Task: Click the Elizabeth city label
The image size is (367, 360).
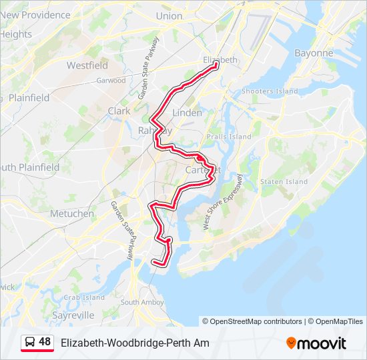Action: (220, 60)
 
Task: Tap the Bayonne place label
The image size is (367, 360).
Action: (314, 53)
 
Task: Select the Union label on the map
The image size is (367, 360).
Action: (169, 16)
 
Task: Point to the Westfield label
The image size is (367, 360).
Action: (87, 66)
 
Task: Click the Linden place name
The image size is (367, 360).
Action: (187, 113)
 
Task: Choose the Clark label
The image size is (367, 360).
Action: (119, 111)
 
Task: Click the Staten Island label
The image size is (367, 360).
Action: (284, 181)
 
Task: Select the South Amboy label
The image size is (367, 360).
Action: (142, 302)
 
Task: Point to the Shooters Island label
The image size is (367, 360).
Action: (270, 91)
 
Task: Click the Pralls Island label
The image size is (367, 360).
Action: (229, 137)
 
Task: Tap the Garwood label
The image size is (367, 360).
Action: (111, 81)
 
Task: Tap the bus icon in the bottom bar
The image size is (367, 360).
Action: (29, 343)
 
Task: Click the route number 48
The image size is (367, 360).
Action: (45, 342)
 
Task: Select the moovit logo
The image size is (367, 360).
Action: (316, 343)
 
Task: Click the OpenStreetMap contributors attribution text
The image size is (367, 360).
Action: (256, 321)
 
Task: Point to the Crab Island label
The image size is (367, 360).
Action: (84, 297)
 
